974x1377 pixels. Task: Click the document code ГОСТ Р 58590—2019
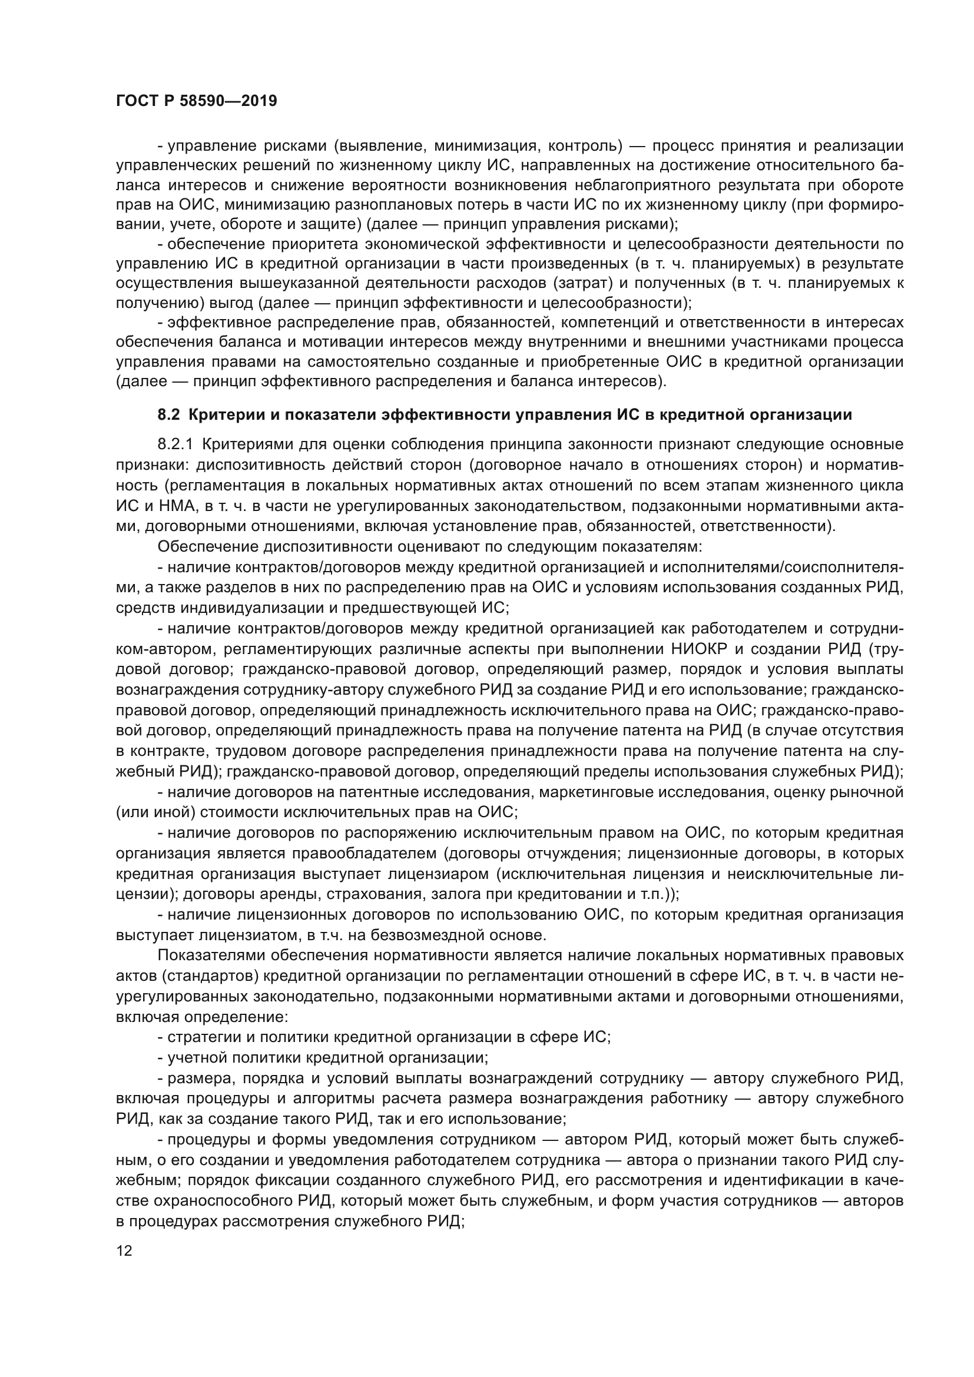(x=196, y=101)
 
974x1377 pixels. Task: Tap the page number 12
(x=124, y=1251)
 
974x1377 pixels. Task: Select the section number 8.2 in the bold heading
(x=168, y=414)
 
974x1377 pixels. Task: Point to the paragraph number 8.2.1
(x=175, y=444)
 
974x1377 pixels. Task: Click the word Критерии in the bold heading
(x=221, y=414)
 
